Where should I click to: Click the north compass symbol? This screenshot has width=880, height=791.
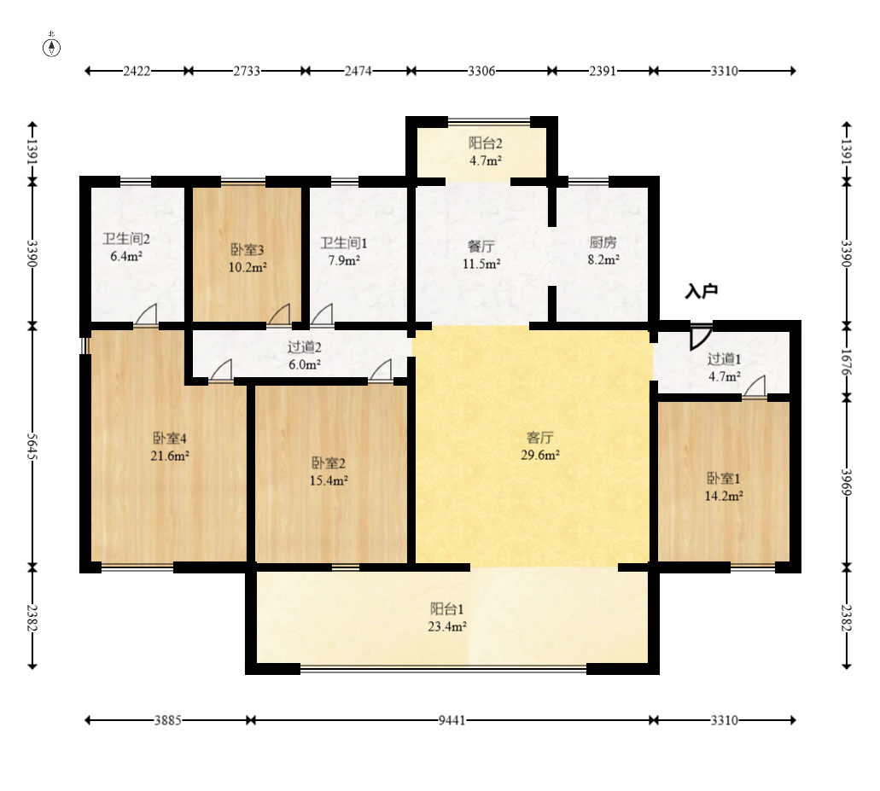point(51,47)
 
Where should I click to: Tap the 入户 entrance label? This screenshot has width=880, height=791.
point(702,291)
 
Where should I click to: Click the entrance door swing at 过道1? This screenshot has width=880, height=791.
point(701,336)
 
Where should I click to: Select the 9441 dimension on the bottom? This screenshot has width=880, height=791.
point(452,720)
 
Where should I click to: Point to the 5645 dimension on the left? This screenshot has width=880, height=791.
point(32,446)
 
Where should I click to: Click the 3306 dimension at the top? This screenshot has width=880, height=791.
point(481,71)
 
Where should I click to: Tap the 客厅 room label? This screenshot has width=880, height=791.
point(540,437)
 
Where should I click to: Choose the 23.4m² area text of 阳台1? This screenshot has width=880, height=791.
point(447,626)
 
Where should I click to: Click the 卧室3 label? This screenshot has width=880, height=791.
point(248,250)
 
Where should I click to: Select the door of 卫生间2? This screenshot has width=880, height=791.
point(146,315)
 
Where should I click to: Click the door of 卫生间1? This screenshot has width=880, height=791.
point(322,315)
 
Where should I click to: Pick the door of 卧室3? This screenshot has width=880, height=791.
point(279,315)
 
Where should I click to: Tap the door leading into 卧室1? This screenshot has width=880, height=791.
point(755,387)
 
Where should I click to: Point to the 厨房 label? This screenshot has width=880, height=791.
point(603,242)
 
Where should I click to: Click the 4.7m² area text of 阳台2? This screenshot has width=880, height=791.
point(486,161)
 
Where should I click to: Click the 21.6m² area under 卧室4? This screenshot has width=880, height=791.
point(170,456)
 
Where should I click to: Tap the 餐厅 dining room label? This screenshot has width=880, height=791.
point(481,247)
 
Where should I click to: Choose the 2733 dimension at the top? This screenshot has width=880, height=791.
point(247,71)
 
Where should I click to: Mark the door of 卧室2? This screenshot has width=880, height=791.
point(381,371)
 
